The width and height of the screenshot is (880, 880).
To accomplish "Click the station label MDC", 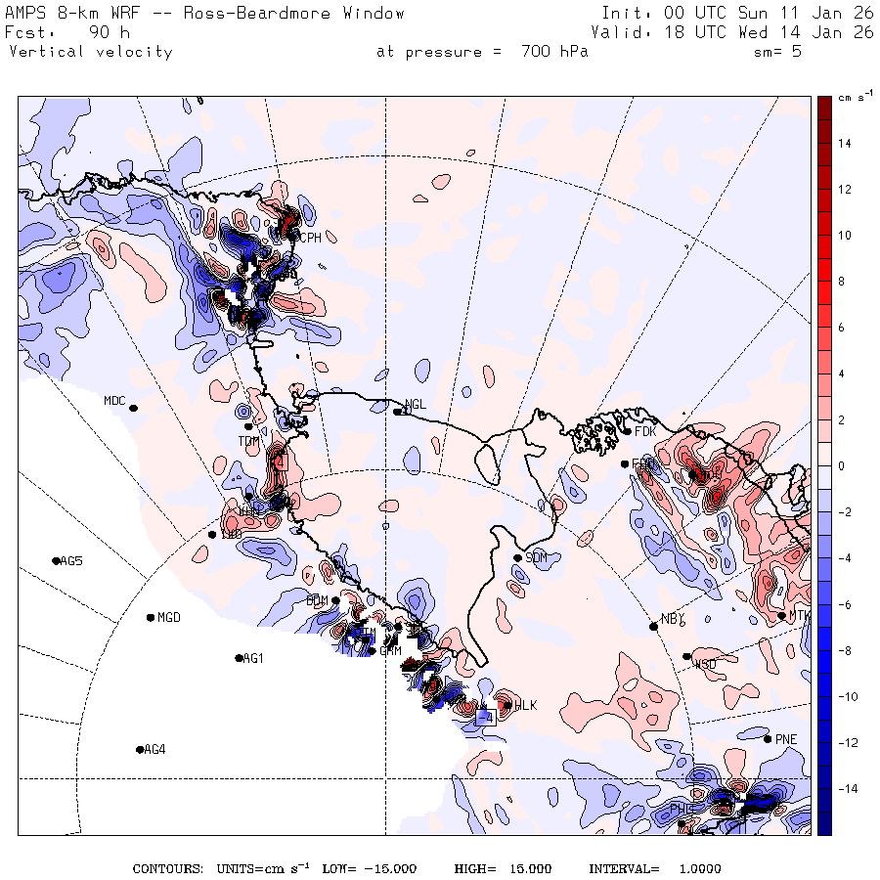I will coord(114,401).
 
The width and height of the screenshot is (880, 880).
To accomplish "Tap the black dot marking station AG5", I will coord(56,560).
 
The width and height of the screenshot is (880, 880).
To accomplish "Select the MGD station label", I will coord(169,617).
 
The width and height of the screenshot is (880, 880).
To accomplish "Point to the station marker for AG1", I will coord(239,658).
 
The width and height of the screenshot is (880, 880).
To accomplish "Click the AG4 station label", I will coord(154,750).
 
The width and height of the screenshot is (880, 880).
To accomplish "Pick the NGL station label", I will coord(416,404).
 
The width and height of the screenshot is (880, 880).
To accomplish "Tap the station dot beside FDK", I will coord(627,431).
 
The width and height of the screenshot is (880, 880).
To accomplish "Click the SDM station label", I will coord(536,557).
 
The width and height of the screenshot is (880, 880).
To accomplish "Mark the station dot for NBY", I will coord(652,627).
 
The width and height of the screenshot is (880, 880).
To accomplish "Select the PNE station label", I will coord(786,739).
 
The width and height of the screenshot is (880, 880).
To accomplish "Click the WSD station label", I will coord(704,664).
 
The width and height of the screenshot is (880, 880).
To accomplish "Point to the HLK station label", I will coord(525,705).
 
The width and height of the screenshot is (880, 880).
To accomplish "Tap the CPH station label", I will coord(310,238).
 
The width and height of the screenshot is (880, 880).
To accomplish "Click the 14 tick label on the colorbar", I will coord(843,144).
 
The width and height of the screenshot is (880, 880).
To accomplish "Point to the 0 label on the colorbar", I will coord(842,465).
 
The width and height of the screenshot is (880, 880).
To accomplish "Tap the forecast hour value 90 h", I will coord(102,32).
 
